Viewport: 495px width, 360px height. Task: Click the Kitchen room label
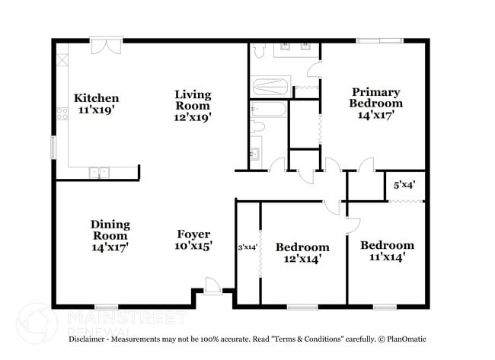[96, 104]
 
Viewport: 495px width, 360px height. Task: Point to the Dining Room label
[110, 235]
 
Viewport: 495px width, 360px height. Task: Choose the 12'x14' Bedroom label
[302, 253]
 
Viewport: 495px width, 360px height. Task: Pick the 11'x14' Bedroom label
[387, 250]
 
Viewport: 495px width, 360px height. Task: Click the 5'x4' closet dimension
[404, 184]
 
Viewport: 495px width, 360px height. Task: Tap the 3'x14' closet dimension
[247, 247]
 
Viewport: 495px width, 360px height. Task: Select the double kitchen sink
[98, 173]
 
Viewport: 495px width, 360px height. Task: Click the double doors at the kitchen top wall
[101, 46]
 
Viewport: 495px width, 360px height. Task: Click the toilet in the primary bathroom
[258, 51]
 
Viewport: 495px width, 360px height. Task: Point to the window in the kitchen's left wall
[53, 145]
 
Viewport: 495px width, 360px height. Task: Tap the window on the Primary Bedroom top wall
[380, 40]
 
